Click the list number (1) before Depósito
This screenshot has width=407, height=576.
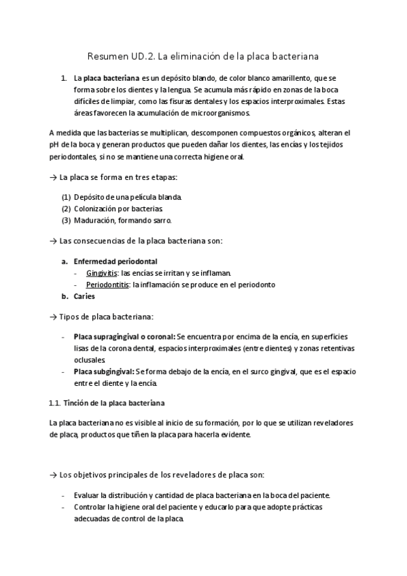pyautogui.click(x=66, y=197)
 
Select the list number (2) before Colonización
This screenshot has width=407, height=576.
pyautogui.click(x=66, y=209)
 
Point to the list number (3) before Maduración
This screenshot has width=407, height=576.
pyautogui.click(x=66, y=220)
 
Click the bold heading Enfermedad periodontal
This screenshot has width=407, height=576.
pyautogui.click(x=116, y=261)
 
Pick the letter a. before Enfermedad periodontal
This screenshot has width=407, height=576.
pyautogui.click(x=65, y=261)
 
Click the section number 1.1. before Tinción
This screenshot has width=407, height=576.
pyautogui.click(x=56, y=403)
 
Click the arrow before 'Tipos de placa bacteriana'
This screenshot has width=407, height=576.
pyautogui.click(x=54, y=317)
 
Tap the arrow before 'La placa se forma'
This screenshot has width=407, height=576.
pyautogui.click(x=54, y=177)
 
